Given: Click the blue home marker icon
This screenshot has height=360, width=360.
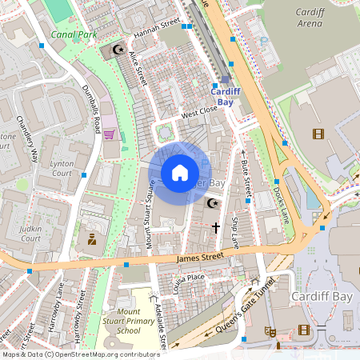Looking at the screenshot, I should pyautogui.click(x=180, y=172).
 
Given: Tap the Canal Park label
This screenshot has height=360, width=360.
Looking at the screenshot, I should pyautogui.click(x=73, y=34).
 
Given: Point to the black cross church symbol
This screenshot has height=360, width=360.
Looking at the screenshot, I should pyautogui.click(x=215, y=228).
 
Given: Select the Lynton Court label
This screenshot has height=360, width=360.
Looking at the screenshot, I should pyautogui.click(x=62, y=168).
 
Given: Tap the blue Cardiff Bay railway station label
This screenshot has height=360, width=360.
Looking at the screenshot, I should pyautogui.click(x=226, y=97).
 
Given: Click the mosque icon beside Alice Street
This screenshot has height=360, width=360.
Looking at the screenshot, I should pyautogui.click(x=118, y=50).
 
